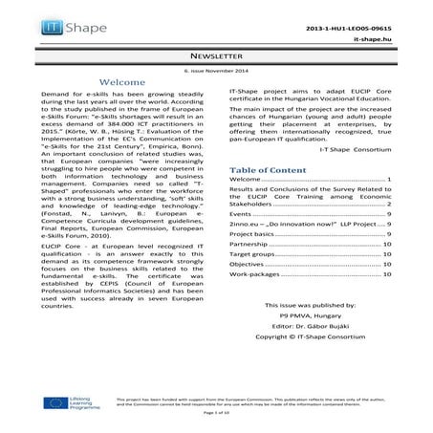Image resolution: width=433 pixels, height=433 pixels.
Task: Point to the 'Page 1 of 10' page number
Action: (216, 423)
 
